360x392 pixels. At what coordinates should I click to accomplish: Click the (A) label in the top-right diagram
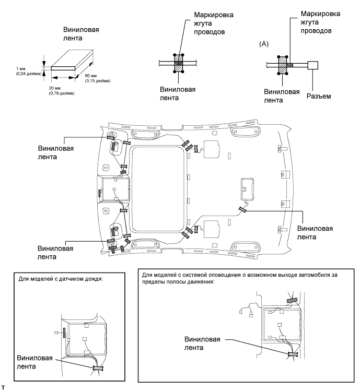264,44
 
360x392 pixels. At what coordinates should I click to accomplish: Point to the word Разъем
319,96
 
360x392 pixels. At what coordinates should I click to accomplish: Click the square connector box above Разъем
313,65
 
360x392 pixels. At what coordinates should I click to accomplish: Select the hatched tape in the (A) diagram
283,65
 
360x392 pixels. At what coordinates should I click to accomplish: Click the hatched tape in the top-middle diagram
178,63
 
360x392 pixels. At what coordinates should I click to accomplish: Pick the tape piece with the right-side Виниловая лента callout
242,210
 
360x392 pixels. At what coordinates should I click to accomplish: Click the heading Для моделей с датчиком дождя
61,279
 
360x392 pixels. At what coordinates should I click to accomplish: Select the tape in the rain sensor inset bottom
98,368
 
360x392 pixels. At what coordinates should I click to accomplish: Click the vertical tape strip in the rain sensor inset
64,332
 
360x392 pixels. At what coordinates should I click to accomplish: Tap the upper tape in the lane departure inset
292,300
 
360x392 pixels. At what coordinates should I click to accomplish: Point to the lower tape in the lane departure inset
292,354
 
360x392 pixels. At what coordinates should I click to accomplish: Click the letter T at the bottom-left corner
3,388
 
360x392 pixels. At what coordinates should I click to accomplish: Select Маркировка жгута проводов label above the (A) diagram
320,22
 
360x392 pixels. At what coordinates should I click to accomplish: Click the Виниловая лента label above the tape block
81,34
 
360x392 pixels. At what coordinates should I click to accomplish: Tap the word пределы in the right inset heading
154,281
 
